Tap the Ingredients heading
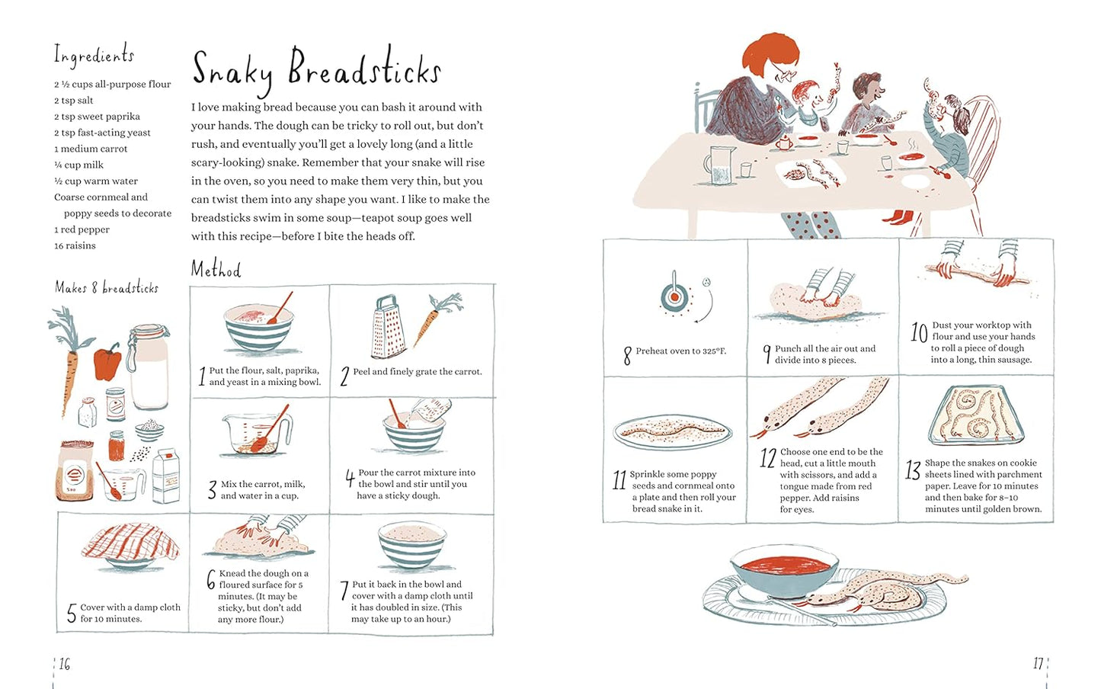pyautogui.click(x=94, y=56)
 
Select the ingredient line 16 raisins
pyautogui.click(x=75, y=245)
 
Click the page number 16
pyautogui.click(x=65, y=665)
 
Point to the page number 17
pyautogui.click(x=1038, y=665)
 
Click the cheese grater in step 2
pyautogui.click(x=388, y=328)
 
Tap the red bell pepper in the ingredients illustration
pyautogui.click(x=107, y=361)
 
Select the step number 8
pyautogui.click(x=627, y=355)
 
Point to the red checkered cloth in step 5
pyautogui.click(x=131, y=543)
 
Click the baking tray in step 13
pyautogui.click(x=979, y=416)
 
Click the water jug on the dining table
pyautogui.click(x=720, y=165)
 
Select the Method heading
pyautogui.click(x=216, y=269)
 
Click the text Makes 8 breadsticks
pyautogui.click(x=107, y=287)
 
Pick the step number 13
pyautogui.click(x=913, y=472)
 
